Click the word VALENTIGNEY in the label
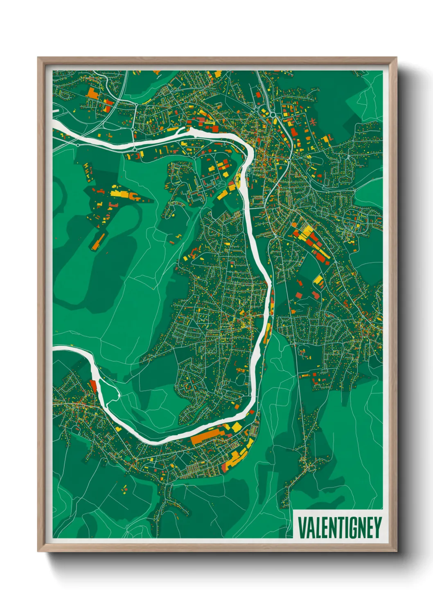click(339, 528)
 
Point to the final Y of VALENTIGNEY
click(377, 528)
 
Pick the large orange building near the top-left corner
click(92, 93)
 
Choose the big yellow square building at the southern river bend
click(237, 427)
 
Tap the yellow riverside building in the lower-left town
click(119, 429)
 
